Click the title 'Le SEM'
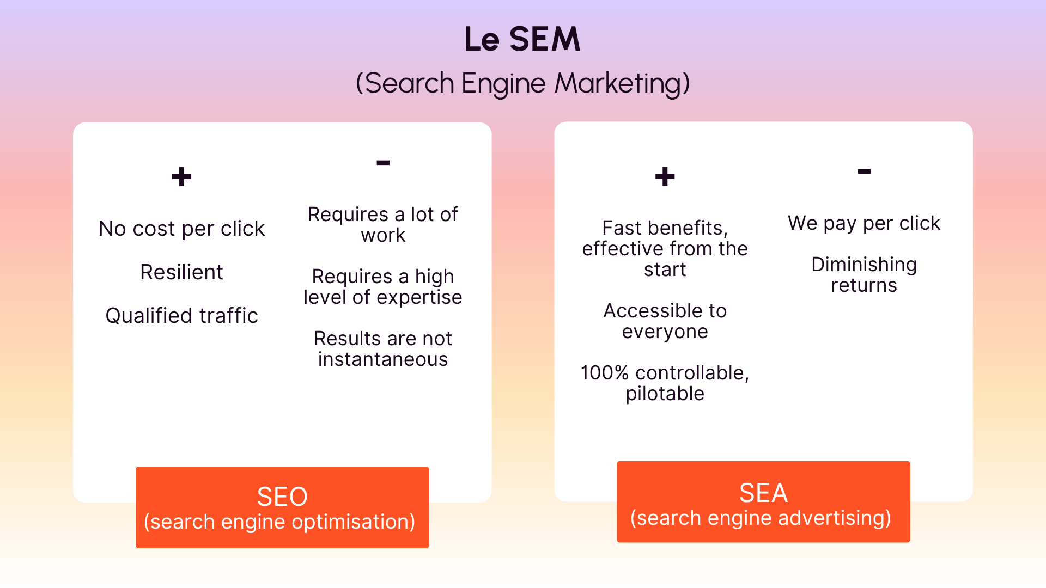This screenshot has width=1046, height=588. (x=522, y=39)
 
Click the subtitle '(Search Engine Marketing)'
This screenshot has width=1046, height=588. (x=522, y=83)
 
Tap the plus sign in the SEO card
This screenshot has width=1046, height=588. (x=181, y=177)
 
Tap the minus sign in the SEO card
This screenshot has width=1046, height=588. (x=383, y=163)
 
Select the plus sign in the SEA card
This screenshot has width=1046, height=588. (x=665, y=177)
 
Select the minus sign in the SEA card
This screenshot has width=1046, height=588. (x=864, y=171)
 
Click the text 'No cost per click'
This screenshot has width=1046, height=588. (x=181, y=229)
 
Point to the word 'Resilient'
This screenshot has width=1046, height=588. (x=181, y=272)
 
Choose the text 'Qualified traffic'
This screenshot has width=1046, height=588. (x=181, y=316)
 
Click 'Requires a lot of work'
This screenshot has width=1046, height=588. (x=383, y=225)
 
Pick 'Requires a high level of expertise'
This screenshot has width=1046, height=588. (x=383, y=287)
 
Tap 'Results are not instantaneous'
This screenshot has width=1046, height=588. (x=383, y=349)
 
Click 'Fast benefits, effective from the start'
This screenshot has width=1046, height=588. (x=665, y=249)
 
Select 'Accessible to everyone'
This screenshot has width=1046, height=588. (x=665, y=321)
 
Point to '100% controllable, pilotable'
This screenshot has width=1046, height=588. (x=665, y=383)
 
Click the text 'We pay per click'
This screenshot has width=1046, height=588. (x=864, y=223)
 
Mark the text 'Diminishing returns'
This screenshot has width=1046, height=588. (x=864, y=275)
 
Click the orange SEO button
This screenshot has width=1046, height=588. (x=282, y=507)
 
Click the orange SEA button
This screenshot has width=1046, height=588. (x=763, y=502)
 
